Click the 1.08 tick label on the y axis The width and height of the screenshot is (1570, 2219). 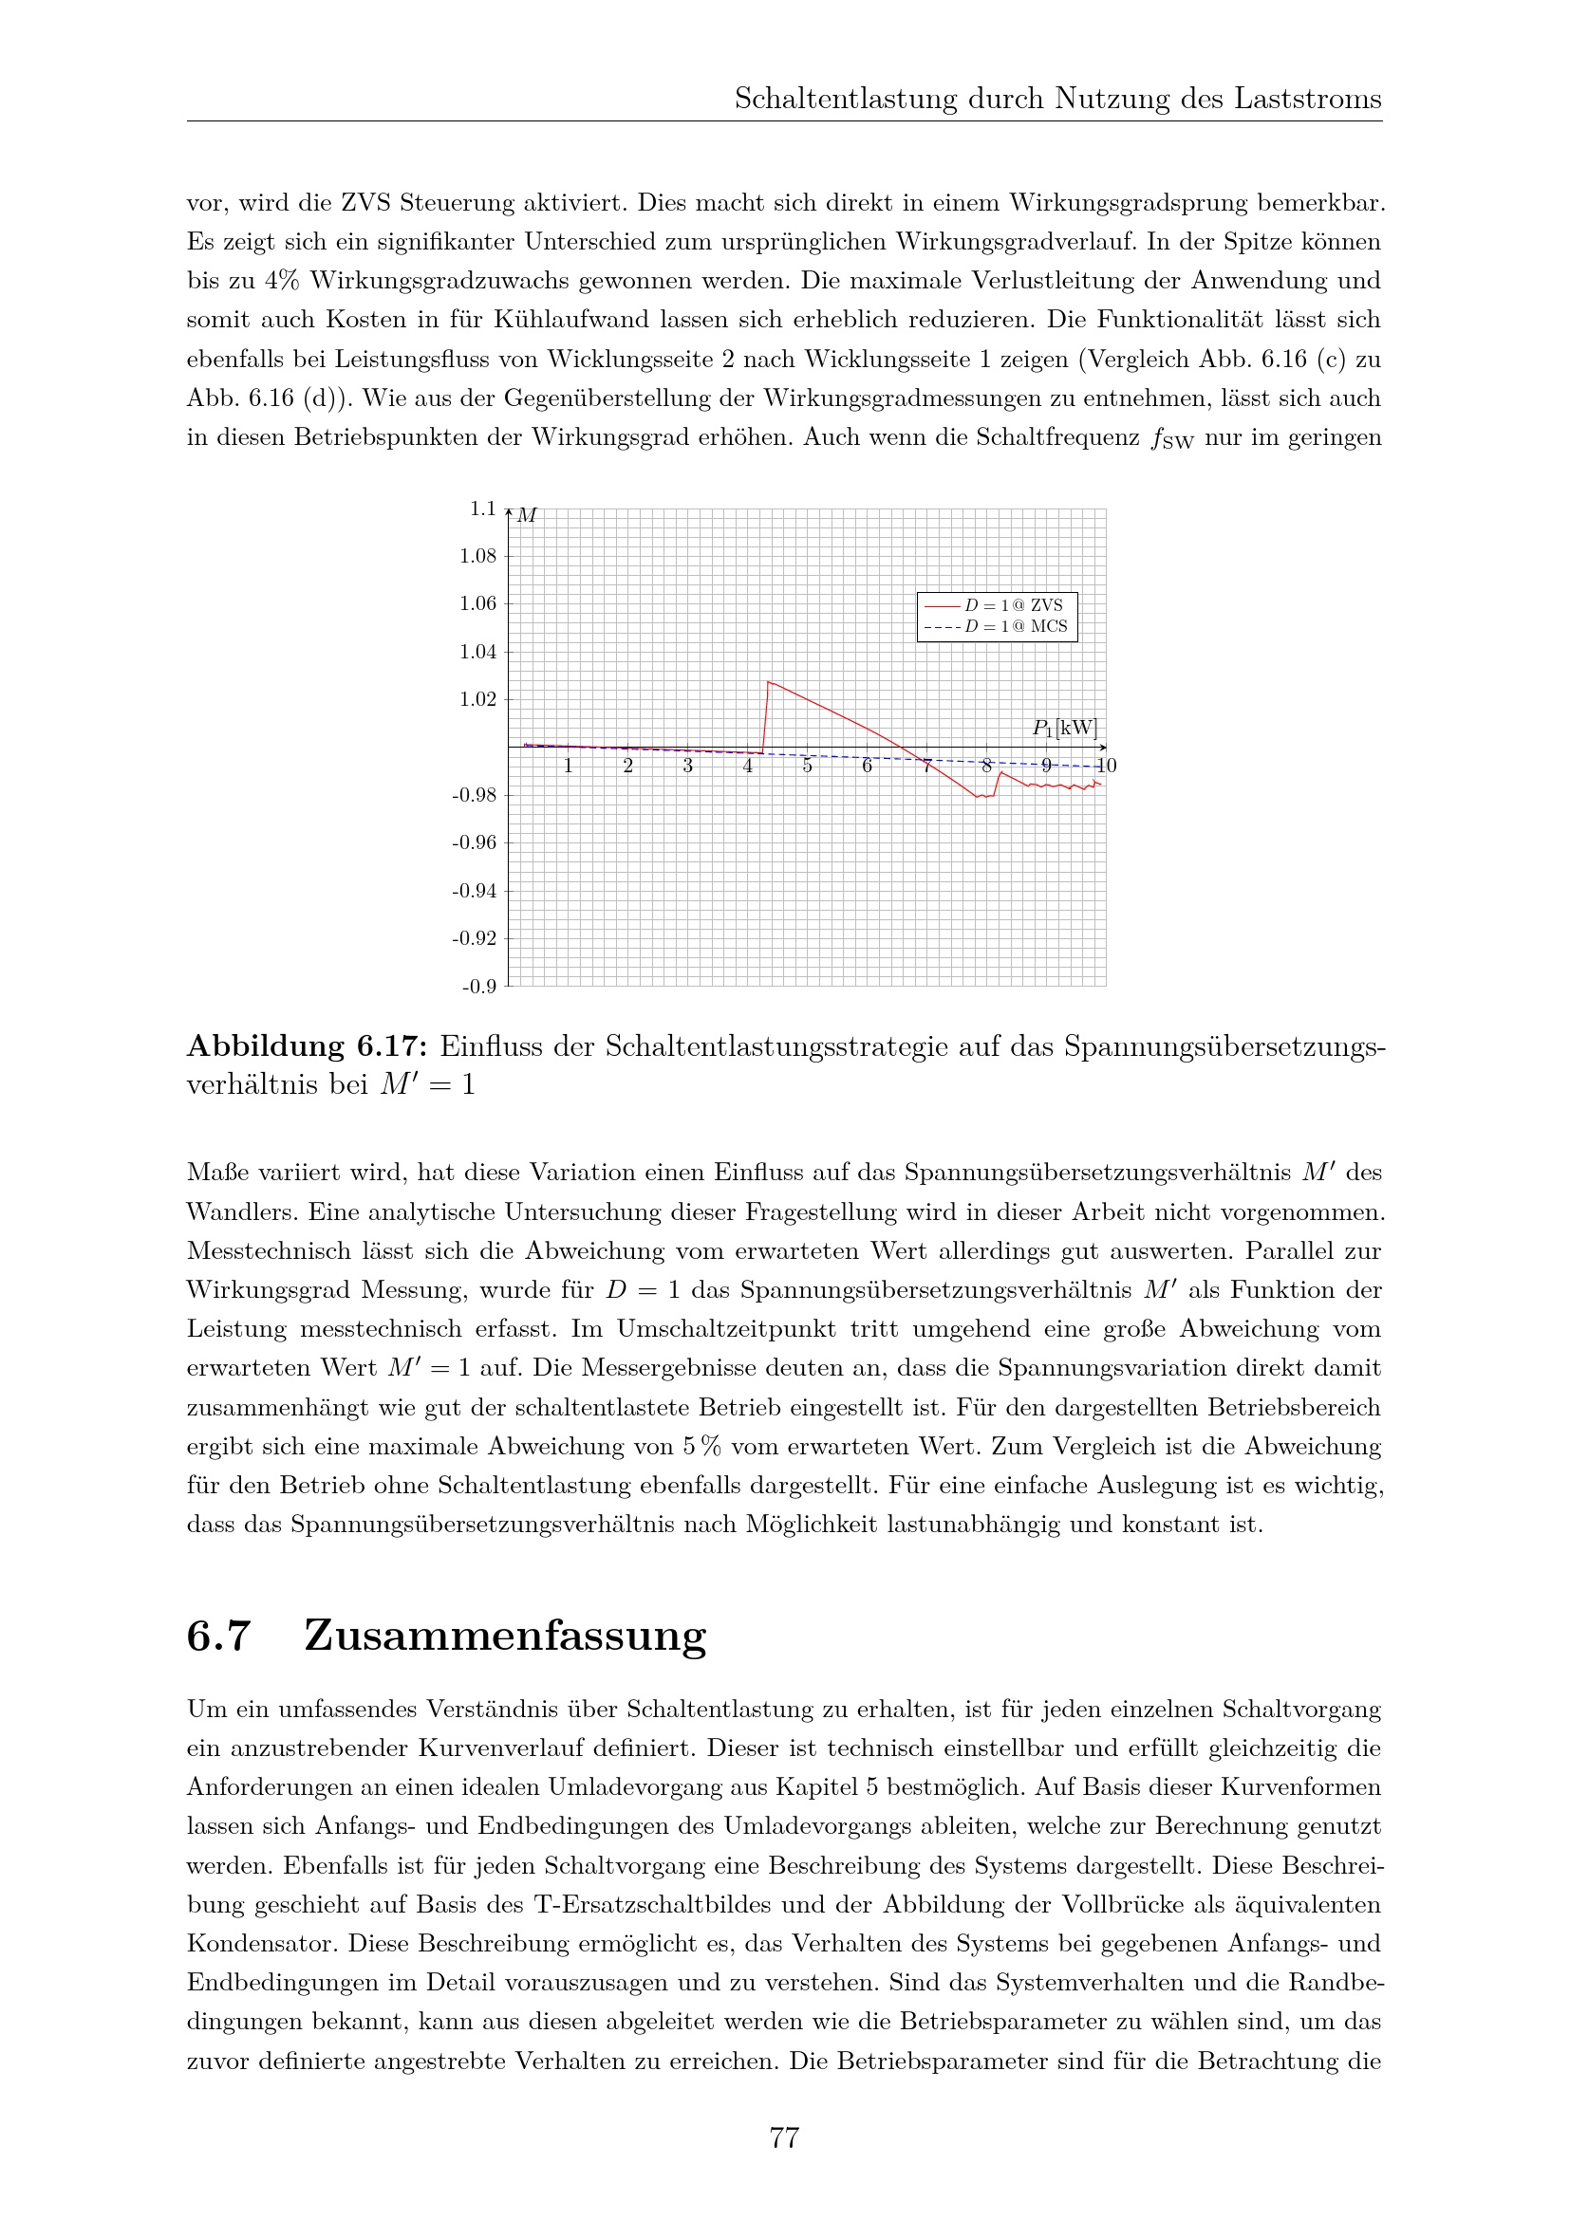point(477,556)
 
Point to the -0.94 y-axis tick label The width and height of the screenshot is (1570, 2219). point(474,890)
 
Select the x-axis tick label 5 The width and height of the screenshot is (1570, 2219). point(807,767)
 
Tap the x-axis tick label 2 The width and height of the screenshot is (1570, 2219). point(628,767)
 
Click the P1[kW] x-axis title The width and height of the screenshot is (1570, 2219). point(1064,728)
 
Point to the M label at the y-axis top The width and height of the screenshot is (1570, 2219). point(527,515)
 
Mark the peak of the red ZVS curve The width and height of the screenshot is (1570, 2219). point(769,682)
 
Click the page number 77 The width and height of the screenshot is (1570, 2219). point(784,2137)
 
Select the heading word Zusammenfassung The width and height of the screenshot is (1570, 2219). point(505,1636)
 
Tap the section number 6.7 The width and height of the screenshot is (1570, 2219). point(218,1636)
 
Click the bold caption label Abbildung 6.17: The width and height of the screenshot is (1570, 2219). point(307,1046)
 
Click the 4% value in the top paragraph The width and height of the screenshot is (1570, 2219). point(281,280)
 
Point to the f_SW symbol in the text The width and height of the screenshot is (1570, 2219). point(1171,439)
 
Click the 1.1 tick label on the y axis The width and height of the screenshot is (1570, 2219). point(482,509)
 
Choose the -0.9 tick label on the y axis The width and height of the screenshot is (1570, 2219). point(478,987)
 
